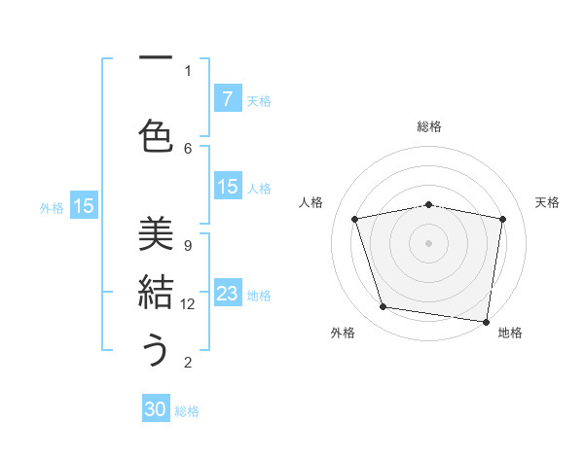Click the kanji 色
pos(156,135)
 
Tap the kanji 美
pos(156,233)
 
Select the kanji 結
pos(156,292)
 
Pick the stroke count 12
pos(189,304)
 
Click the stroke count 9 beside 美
pos(188,245)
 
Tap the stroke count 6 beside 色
pos(188,148)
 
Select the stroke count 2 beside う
pos(188,363)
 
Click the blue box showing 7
pos(227,98)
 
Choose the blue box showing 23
pos(227,294)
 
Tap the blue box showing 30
pos(156,409)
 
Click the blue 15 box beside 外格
pos(84,205)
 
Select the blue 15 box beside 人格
pos(227,187)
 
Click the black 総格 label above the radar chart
pos(429,126)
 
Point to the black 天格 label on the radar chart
pos(547,202)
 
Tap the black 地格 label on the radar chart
pos(510,333)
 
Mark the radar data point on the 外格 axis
pos(383,307)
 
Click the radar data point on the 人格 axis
pos(355,219)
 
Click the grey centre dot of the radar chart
pos(429,243)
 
